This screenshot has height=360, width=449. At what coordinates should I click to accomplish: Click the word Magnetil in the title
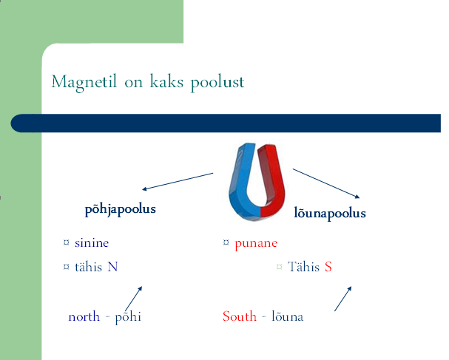click(84, 82)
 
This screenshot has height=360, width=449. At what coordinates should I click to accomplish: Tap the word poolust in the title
click(217, 83)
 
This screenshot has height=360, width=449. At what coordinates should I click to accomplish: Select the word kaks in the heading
click(166, 81)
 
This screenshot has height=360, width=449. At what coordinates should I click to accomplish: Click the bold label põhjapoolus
click(121, 209)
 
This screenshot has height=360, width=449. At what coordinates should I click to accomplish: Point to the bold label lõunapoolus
click(330, 213)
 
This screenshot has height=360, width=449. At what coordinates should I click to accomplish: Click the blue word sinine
click(92, 243)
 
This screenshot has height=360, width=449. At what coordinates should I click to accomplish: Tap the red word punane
click(256, 244)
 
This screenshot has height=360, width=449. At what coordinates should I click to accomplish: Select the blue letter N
click(112, 267)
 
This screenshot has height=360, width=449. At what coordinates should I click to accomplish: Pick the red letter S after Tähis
click(328, 267)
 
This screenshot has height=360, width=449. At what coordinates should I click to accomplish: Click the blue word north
click(84, 317)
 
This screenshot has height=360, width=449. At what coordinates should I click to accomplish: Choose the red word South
click(240, 316)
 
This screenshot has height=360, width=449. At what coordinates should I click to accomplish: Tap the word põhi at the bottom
click(128, 318)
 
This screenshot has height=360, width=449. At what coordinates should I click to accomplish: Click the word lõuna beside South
click(287, 316)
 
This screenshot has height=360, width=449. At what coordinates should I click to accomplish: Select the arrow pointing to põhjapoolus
click(178, 181)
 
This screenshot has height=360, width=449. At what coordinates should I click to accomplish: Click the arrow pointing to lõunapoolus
click(326, 183)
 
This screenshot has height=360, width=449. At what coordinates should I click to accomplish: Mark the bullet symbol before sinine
click(66, 242)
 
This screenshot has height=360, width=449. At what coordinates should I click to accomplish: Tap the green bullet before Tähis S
click(279, 267)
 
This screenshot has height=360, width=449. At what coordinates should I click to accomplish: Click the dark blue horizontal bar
click(226, 123)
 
